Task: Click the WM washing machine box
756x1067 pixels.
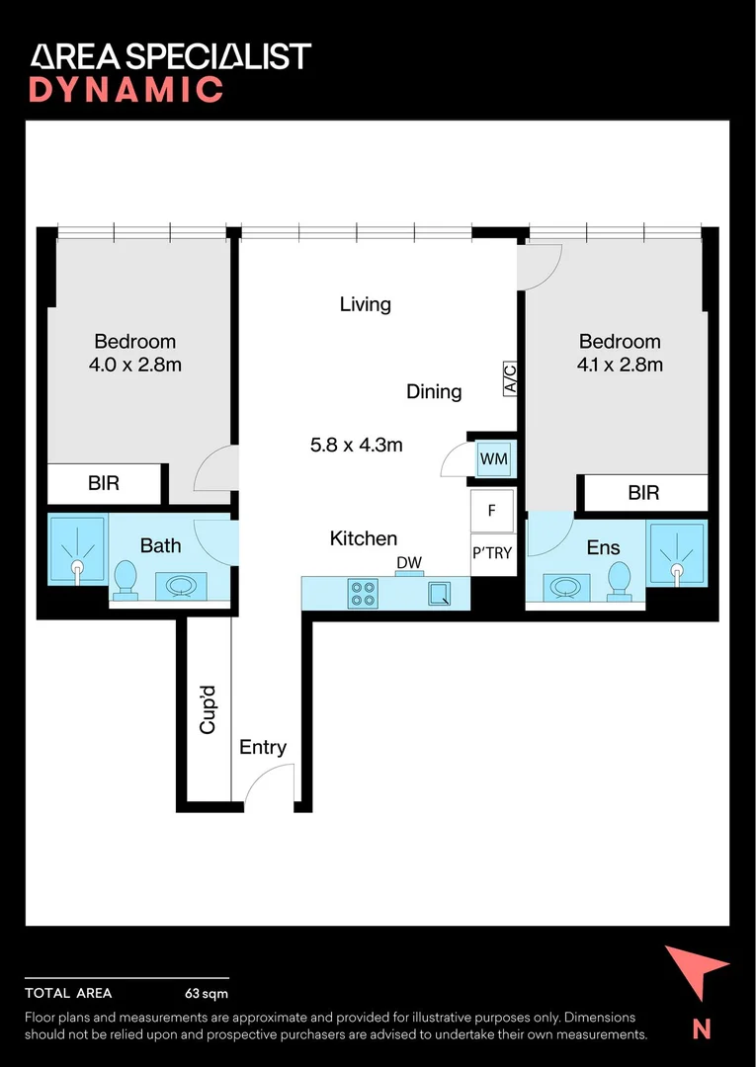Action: [494, 458]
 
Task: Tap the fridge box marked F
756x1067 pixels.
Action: [492, 510]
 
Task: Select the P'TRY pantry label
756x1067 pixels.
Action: [492, 553]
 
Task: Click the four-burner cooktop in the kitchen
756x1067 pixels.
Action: [364, 593]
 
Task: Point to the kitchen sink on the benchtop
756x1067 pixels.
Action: [439, 594]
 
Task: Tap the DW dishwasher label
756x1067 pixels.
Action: [410, 563]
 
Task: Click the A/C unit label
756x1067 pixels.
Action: [510, 378]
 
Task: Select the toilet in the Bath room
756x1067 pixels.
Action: [126, 581]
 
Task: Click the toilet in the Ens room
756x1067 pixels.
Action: [619, 581]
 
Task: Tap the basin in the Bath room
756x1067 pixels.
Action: [181, 586]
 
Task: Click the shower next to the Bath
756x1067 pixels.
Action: [77, 550]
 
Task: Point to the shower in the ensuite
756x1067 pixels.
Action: [677, 553]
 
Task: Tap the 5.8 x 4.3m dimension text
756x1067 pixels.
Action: [357, 445]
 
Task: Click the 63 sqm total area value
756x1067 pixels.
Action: [207, 994]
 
